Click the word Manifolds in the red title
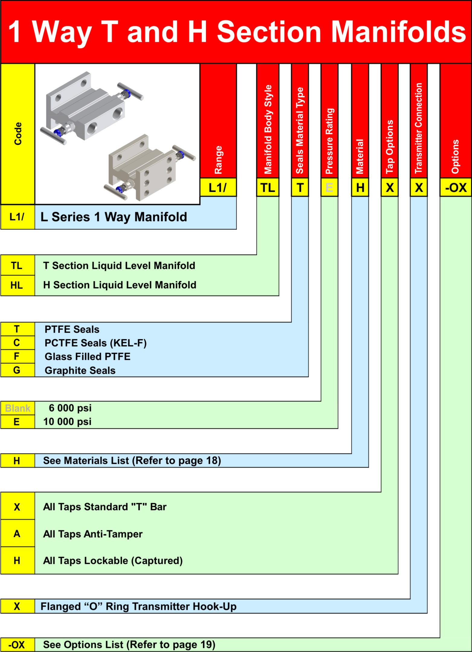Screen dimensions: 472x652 (399, 32)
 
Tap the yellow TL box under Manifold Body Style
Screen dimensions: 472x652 (268, 187)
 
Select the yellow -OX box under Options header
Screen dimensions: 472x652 (456, 187)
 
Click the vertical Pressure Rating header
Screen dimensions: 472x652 (329, 141)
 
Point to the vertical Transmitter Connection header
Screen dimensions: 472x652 (419, 128)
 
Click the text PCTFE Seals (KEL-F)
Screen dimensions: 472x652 (95, 343)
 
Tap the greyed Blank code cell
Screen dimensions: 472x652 (18, 408)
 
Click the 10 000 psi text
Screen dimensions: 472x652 (67, 422)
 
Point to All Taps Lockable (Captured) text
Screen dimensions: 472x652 (113, 561)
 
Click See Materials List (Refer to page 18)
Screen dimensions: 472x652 (132, 461)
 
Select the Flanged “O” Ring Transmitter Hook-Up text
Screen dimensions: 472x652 (139, 607)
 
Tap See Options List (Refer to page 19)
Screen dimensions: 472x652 (129, 644)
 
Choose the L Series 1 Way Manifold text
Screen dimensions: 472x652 (114, 217)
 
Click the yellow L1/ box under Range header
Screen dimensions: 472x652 (218, 187)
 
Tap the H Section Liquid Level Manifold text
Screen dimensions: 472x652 (120, 285)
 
